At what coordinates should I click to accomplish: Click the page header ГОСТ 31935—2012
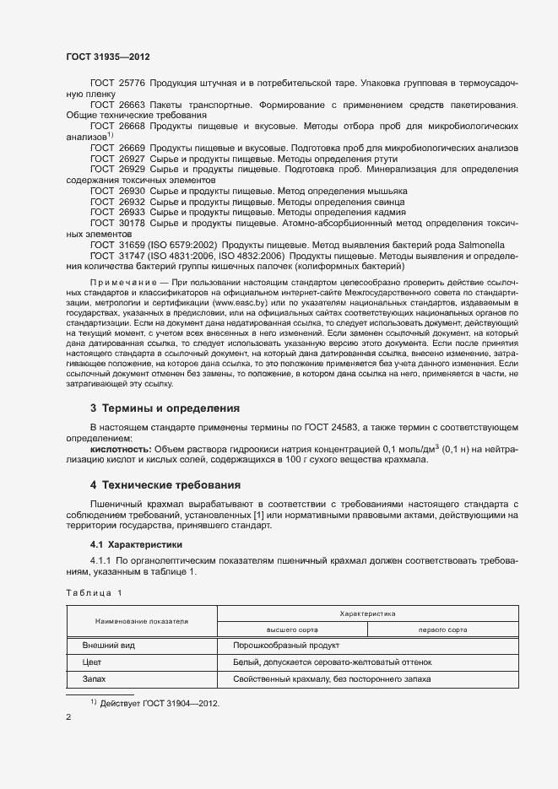point(108,57)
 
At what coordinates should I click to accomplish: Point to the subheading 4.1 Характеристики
point(136,544)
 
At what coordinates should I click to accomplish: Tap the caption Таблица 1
point(94,592)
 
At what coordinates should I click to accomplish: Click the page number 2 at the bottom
point(69,718)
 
